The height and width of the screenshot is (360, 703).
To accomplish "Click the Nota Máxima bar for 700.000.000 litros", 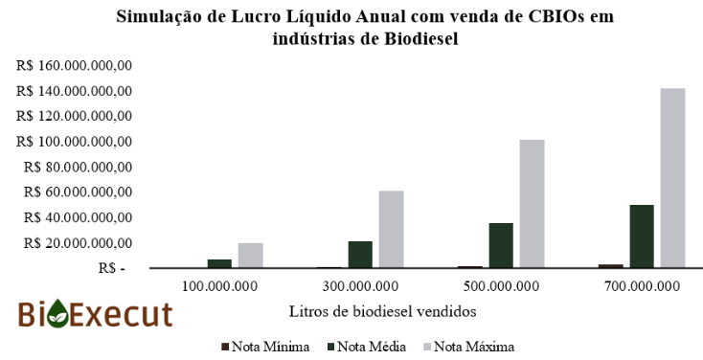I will [672, 178].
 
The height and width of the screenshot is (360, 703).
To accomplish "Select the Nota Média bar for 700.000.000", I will [641, 236].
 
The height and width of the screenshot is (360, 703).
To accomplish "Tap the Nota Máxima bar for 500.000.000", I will [532, 204].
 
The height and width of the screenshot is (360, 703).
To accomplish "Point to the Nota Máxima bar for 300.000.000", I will [391, 230].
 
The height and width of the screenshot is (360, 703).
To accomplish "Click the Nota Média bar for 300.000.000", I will [360, 255].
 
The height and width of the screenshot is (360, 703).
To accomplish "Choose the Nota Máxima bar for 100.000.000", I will [250, 256].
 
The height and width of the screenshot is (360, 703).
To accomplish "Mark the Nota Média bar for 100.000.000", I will [219, 263].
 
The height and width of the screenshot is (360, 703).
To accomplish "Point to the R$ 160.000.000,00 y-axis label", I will [74, 66].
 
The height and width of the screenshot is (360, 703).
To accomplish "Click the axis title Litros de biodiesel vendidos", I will [382, 310].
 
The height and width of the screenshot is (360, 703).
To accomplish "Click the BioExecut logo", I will [95, 315].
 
